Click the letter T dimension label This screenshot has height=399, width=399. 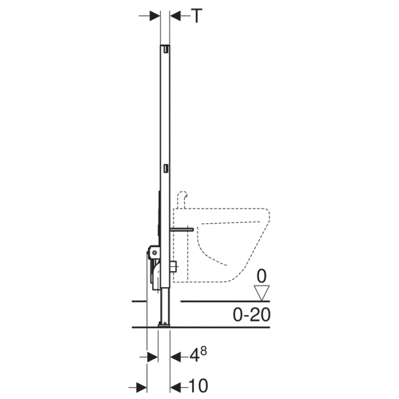pos(196,16)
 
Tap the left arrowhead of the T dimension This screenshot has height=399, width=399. pos(154,16)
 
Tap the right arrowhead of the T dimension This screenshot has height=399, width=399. pos(175,16)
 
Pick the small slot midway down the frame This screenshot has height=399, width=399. pos(165,169)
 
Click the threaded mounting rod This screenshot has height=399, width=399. pos(181,229)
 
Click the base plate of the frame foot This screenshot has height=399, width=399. pos(164,325)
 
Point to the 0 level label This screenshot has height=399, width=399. pos(262,277)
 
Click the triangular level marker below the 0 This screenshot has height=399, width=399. pos(262,293)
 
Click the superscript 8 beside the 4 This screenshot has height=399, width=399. pos(202,352)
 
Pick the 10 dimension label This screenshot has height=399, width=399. pos(198,385)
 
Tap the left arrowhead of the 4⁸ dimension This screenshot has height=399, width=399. pos(153,357)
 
